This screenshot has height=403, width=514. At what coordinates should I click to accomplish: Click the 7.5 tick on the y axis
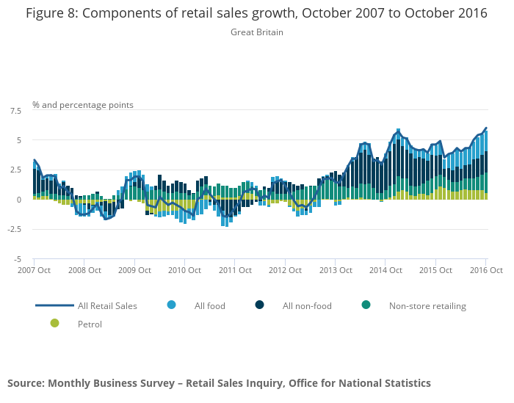[15, 111]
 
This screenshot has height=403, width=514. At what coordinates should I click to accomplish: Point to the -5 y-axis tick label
[17, 259]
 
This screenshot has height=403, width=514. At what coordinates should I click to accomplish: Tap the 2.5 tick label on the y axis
[15, 170]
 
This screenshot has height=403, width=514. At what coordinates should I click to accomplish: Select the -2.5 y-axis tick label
[13, 229]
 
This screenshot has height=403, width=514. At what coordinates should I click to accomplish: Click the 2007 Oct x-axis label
[33, 270]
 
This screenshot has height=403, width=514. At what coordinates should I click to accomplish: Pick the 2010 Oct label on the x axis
[184, 270]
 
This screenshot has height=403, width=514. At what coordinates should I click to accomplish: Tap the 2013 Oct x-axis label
[335, 270]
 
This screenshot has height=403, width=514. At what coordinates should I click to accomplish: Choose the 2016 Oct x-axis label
[486, 270]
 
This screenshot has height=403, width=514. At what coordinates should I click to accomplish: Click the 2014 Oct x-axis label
[385, 270]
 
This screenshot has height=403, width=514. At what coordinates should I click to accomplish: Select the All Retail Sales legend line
[54, 305]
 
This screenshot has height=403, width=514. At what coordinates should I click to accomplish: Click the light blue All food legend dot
[172, 305]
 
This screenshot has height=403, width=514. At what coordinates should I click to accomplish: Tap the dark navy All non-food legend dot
[260, 305]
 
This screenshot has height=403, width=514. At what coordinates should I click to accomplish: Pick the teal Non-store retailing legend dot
[366, 305]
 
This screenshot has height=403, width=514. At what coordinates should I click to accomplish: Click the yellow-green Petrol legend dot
[54, 323]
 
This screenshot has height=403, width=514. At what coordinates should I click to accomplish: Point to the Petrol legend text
[90, 324]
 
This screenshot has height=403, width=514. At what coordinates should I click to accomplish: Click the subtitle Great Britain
[256, 32]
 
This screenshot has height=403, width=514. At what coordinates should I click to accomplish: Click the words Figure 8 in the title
[50, 12]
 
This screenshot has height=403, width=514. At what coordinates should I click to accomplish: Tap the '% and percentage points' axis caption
[83, 105]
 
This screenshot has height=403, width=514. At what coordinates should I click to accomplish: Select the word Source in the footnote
[25, 383]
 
